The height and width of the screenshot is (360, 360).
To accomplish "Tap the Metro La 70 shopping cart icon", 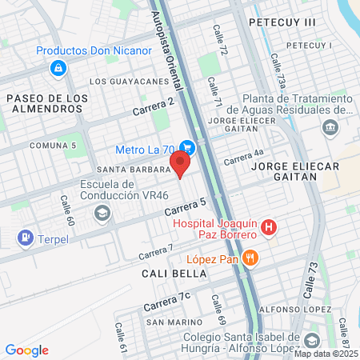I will click(x=187, y=147).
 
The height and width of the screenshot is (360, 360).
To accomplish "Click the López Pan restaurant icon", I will click(x=251, y=257).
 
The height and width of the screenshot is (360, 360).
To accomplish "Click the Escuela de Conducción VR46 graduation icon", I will click(x=102, y=212).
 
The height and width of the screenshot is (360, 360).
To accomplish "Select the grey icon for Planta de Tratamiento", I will click(x=330, y=127).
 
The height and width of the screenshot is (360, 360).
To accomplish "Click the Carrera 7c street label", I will click(x=166, y=302).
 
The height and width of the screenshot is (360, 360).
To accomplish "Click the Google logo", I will click(x=27, y=350).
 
